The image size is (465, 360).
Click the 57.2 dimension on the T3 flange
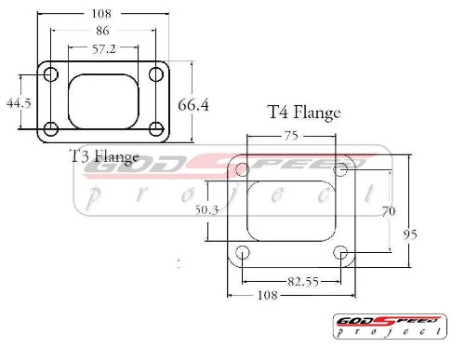pyautogui.click(x=104, y=49)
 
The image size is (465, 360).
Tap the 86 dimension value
pyautogui.click(x=102, y=31)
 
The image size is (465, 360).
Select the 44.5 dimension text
pyautogui.click(x=19, y=103)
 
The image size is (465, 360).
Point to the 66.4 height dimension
pyautogui.click(x=193, y=105)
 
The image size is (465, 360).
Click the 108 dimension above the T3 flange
pyautogui.click(x=101, y=13)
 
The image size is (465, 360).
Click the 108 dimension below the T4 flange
pyautogui.click(x=268, y=295)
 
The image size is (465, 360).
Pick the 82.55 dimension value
pyautogui.click(x=303, y=282)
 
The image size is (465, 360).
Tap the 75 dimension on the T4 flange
pyautogui.click(x=291, y=136)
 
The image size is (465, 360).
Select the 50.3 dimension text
pyautogui.click(x=206, y=210)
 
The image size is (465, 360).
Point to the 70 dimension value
pyautogui.click(x=389, y=211)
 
